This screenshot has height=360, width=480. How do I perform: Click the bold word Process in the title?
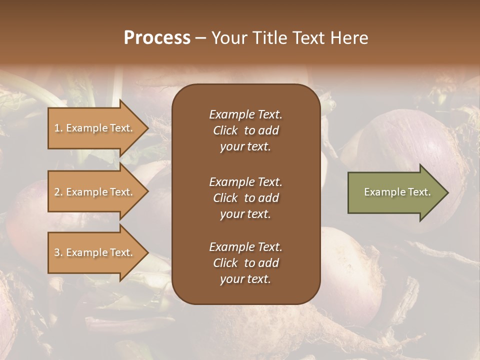157,38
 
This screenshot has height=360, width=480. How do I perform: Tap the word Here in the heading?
348,38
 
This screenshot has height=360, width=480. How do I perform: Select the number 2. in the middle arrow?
58,192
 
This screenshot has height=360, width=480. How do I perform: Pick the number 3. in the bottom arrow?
58,252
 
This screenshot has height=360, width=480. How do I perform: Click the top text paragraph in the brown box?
245,130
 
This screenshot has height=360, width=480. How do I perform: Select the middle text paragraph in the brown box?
245,198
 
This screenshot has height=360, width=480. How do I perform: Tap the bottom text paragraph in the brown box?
245,263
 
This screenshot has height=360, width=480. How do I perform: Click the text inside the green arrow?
397,192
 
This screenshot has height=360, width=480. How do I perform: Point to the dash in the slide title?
200,38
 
